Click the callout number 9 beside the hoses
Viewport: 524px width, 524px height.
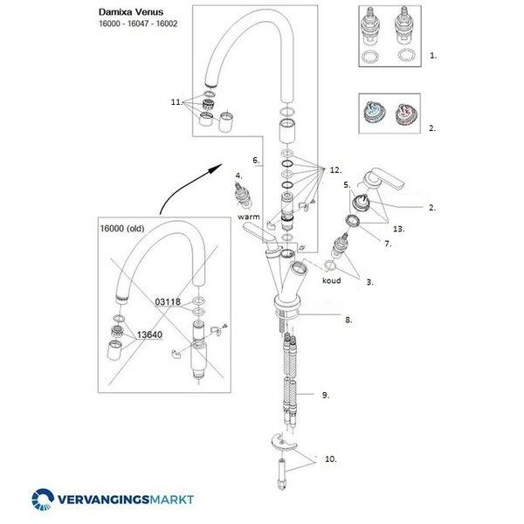click(x=325, y=396)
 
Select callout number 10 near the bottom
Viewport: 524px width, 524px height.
click(x=331, y=458)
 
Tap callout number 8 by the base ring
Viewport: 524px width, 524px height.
click(x=348, y=320)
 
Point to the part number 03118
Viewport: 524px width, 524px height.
click(x=167, y=301)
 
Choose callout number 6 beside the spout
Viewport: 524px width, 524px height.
click(x=256, y=160)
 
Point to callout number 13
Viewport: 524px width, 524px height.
click(x=399, y=228)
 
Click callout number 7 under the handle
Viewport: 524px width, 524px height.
click(x=388, y=245)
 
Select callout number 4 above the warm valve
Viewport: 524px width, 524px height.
click(x=238, y=176)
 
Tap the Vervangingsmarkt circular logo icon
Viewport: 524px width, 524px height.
click(x=44, y=500)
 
